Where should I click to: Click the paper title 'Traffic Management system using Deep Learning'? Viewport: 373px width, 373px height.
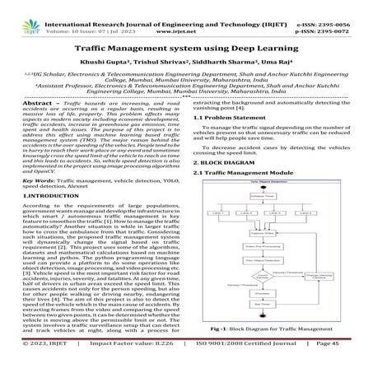(186, 49)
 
